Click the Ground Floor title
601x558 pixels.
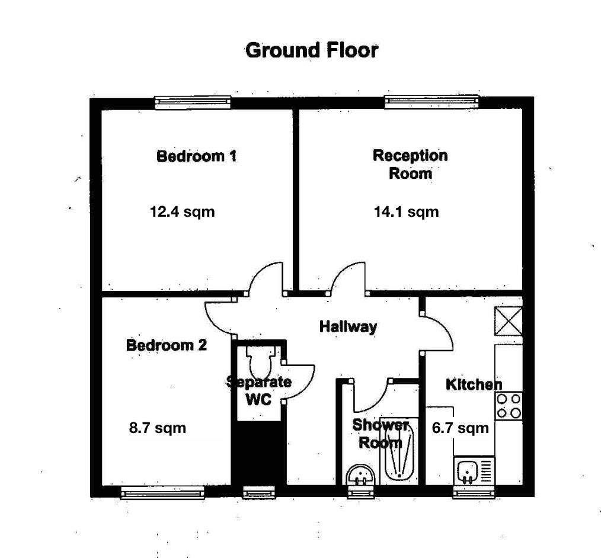[x=312, y=50]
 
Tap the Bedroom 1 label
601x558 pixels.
[x=197, y=156]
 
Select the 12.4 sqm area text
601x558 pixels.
[x=182, y=212]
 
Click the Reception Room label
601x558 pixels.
[x=410, y=164]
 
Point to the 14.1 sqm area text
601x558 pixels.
[x=406, y=212]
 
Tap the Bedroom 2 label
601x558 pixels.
[x=167, y=345]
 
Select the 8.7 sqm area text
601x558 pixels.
[x=158, y=428]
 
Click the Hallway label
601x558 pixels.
[x=348, y=326]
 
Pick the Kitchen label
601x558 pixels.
[x=474, y=384]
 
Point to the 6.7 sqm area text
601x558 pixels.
[x=461, y=428]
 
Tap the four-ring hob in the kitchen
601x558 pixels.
[x=509, y=406]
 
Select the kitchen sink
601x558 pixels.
[x=474, y=472]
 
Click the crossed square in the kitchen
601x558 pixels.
[x=509, y=321]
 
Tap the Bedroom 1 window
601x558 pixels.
[x=193, y=102]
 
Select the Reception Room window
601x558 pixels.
[x=432, y=101]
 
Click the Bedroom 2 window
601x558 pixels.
[x=162, y=492]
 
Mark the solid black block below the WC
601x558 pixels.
[x=259, y=453]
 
